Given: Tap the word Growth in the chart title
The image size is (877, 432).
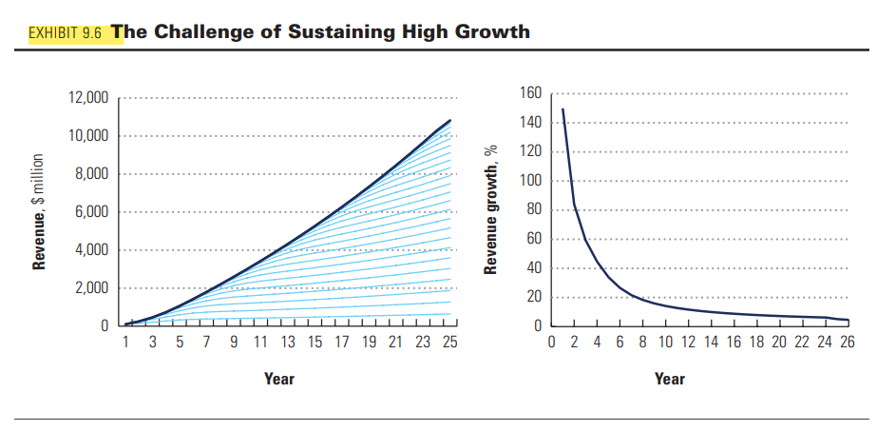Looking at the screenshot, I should tap(490, 31).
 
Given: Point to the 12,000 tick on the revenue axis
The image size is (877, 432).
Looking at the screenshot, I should tap(88, 98).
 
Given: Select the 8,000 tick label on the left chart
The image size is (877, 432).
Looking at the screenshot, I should tap(91, 174).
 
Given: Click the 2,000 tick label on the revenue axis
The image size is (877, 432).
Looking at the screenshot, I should tap(91, 288).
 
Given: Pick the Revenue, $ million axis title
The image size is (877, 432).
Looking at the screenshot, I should tap(39, 211).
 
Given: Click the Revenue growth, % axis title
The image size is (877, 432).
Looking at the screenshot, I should tap(491, 211).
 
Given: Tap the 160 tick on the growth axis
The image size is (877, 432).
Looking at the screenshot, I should tap(531, 93).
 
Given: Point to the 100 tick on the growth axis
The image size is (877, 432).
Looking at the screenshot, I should tap(531, 181).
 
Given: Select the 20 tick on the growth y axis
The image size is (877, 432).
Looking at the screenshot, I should tap(534, 298).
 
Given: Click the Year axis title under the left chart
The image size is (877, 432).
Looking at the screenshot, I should tap(278, 379).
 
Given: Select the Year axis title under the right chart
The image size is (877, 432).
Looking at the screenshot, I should tap(669, 379).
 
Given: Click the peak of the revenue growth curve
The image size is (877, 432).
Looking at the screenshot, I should tap(562, 109).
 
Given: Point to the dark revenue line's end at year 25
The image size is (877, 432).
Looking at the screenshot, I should tap(449, 121).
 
